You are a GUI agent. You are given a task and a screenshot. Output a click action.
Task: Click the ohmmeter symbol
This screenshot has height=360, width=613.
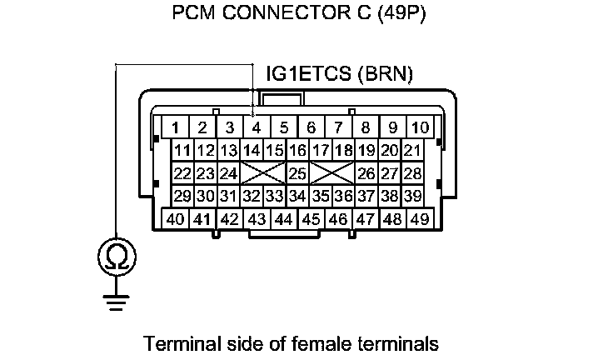click(x=115, y=257)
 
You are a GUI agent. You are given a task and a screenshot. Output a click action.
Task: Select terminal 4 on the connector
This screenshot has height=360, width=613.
click(x=257, y=127)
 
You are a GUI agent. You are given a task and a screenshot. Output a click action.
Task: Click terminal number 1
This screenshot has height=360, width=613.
click(x=176, y=127)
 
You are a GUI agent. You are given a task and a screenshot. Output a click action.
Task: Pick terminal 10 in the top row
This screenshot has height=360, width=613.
click(x=421, y=127)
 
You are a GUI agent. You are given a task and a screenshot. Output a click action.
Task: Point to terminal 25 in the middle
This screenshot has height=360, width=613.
click(x=297, y=173)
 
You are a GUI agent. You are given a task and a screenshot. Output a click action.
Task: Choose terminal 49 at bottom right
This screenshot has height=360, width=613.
click(x=419, y=219)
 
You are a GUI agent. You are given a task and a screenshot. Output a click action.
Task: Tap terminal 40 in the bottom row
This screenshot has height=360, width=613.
click(x=175, y=219)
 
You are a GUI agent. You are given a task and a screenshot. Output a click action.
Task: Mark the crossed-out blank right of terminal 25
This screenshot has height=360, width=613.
click(x=331, y=173)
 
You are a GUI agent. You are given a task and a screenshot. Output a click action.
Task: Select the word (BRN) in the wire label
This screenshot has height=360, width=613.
click(x=383, y=75)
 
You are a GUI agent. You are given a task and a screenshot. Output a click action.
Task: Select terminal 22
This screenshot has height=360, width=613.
click(x=182, y=173)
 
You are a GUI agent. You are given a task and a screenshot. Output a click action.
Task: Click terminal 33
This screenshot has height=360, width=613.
click(x=274, y=197)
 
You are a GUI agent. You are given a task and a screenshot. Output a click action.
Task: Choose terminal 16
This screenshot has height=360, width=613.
click(x=297, y=151)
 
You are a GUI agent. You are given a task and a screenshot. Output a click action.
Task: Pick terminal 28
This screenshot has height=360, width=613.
click(x=411, y=173)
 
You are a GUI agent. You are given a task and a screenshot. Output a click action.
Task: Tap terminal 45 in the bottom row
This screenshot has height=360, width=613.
click(x=311, y=219)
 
